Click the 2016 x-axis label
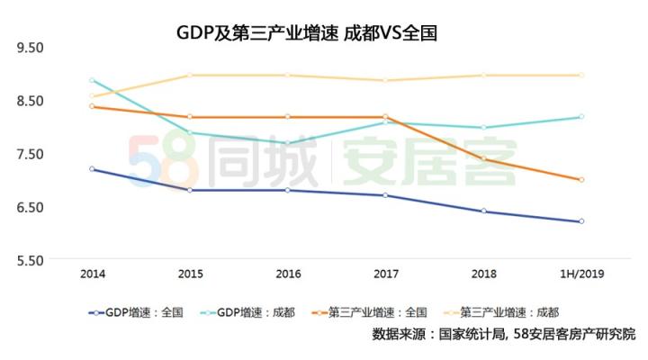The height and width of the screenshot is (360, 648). (288, 273)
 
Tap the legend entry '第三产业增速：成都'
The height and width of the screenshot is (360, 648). (508, 313)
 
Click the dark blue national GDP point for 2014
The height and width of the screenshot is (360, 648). (93, 169)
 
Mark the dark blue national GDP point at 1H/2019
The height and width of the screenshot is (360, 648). (581, 221)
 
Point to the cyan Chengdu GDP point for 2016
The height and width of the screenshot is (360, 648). (288, 143)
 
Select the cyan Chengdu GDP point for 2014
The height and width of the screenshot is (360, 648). (93, 80)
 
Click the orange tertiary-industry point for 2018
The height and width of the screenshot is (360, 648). (484, 158)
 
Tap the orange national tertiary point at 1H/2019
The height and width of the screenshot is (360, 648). (581, 180)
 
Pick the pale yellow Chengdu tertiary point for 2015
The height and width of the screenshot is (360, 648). (190, 75)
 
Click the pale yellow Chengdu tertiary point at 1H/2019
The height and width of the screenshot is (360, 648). (581, 75)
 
